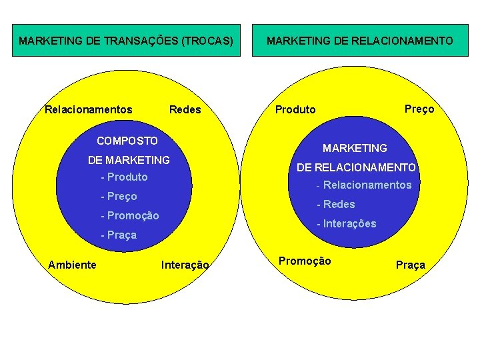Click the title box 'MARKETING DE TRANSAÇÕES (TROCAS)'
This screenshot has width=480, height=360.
[126, 41]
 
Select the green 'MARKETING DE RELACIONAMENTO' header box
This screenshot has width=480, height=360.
[359, 41]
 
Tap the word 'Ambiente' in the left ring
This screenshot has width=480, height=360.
[72, 265]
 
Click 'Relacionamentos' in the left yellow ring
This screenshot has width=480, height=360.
[88, 109]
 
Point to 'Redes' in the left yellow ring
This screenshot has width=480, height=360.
[185, 109]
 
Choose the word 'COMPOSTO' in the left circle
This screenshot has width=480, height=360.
[127, 141]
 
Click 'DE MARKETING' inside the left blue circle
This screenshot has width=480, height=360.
[129, 160]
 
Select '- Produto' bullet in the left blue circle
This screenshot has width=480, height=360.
[124, 177]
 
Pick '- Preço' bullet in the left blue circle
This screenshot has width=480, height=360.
[119, 196]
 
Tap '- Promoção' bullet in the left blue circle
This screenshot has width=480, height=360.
[129, 215]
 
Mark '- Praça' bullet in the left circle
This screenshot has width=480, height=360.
[118, 235]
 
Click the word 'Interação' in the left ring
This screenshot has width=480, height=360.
[185, 265]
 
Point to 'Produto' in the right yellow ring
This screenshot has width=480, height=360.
[295, 109]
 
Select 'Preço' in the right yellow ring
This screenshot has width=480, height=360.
[419, 109]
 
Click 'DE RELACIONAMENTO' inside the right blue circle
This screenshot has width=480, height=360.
[356, 167]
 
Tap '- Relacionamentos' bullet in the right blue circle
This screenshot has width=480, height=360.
[364, 185]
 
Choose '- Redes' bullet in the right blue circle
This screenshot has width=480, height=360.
[335, 204]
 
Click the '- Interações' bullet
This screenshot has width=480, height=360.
[346, 223]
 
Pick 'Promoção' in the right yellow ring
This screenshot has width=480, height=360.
[304, 261]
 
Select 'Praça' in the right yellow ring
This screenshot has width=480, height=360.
[410, 265]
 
